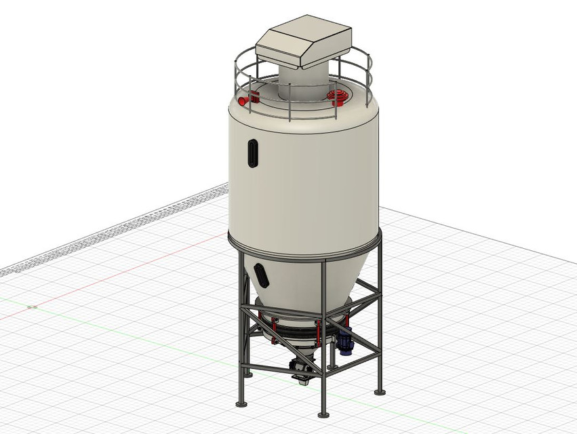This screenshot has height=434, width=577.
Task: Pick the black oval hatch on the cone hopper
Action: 260,275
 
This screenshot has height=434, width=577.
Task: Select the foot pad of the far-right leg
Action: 378,392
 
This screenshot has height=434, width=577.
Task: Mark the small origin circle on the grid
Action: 32,307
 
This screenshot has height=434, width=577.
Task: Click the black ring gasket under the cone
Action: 298,330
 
